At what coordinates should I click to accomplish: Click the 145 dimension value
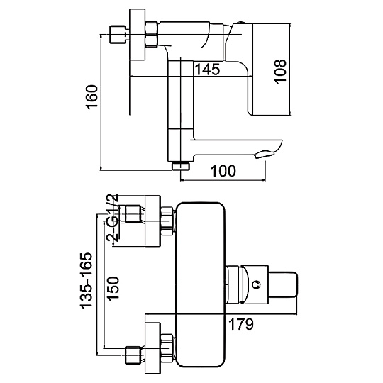tap(208, 69)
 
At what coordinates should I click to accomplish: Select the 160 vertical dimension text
tap(91, 97)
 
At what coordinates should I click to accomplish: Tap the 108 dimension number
tap(280, 72)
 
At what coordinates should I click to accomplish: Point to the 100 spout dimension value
tap(223, 171)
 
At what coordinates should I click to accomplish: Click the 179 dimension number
tap(241, 324)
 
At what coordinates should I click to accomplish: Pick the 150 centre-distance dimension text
tap(113, 289)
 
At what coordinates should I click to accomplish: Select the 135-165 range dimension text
tap(87, 281)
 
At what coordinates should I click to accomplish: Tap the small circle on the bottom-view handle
tap(257, 285)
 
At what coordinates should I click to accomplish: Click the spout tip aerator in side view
tap(265, 155)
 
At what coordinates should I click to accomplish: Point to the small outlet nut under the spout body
tap(181, 166)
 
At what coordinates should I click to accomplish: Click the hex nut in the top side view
tap(152, 35)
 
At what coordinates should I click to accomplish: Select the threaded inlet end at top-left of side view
tap(118, 35)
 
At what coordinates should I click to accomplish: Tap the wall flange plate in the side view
tap(138, 35)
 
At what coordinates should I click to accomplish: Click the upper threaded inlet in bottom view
tap(133, 214)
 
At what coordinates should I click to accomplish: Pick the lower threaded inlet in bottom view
tap(133, 355)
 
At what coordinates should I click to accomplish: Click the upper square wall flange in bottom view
tap(153, 221)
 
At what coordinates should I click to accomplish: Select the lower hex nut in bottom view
tap(168, 347)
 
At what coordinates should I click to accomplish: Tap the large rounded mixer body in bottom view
tap(201, 284)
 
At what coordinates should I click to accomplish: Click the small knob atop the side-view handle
tap(240, 23)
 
